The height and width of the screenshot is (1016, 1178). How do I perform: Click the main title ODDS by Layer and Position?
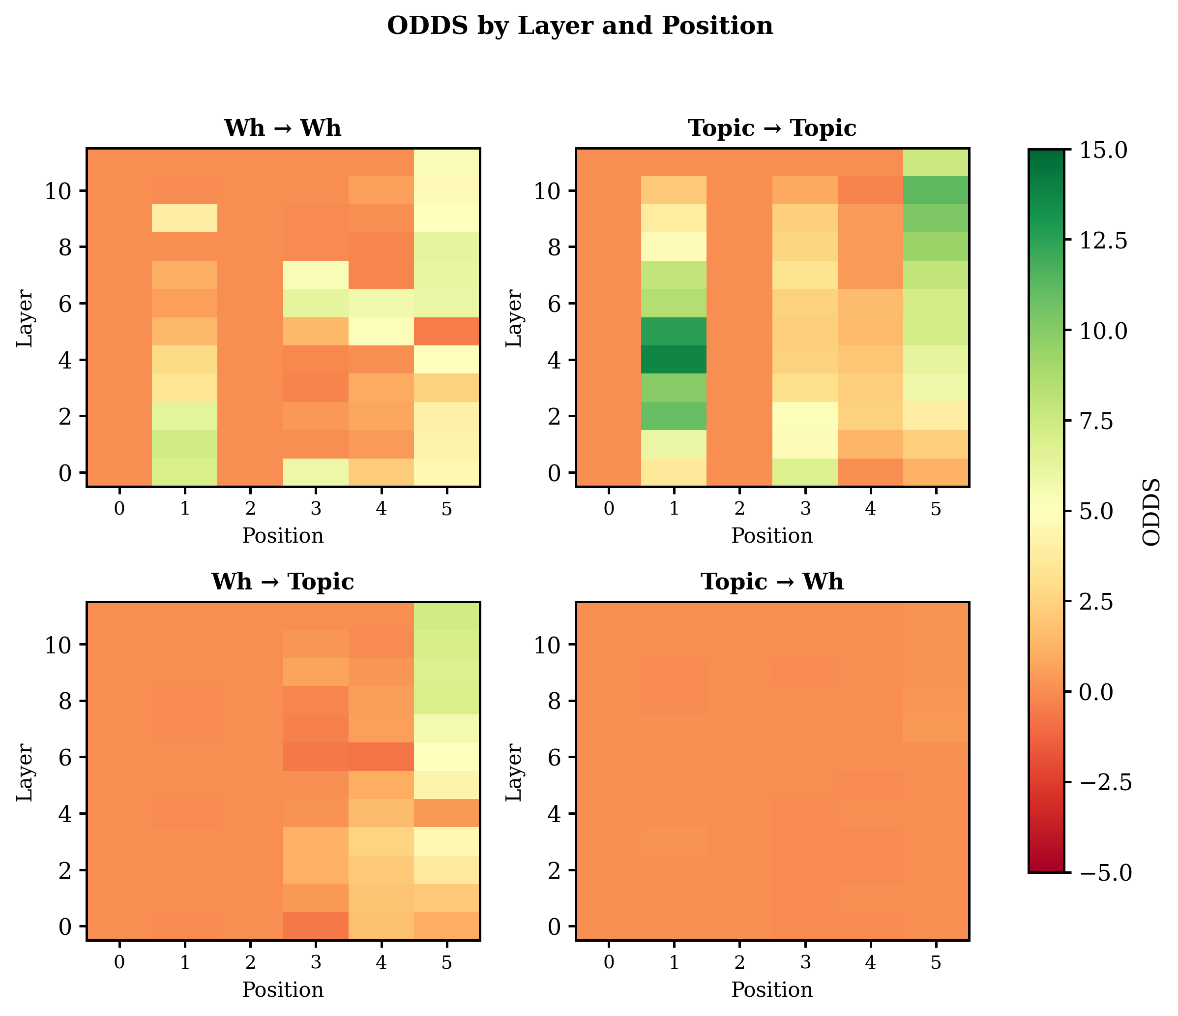pos(579,26)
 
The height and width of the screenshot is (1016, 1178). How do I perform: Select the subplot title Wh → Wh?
pos(283,128)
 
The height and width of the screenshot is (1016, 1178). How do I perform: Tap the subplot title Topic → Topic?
pos(771,128)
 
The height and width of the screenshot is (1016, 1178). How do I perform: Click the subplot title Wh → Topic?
pos(283,582)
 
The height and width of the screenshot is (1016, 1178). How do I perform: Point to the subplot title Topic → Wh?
pos(771,582)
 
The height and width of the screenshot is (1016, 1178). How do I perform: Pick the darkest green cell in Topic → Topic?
pos(674,360)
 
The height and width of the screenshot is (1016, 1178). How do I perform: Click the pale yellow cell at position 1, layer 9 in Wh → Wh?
pos(185,218)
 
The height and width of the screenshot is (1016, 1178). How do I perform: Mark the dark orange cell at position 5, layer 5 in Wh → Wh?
pos(447,331)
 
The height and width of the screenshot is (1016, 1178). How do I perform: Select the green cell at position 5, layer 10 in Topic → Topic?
pos(936,190)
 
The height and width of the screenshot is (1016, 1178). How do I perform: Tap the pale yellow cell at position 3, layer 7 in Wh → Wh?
pos(316,275)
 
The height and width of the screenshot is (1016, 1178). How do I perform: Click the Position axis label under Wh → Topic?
pos(283,990)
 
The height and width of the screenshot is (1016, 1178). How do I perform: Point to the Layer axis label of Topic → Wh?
pos(513,771)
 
